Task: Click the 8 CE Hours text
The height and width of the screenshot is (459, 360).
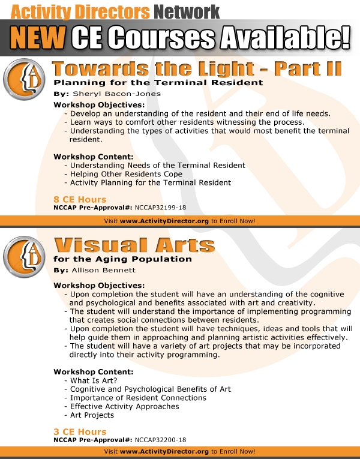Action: point(80,199)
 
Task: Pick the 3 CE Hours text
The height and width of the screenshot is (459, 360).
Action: point(80,432)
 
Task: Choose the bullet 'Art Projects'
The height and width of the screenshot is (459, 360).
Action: point(92,415)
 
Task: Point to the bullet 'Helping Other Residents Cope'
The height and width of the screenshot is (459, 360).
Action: point(126,174)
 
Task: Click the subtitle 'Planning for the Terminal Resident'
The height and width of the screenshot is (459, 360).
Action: point(158,82)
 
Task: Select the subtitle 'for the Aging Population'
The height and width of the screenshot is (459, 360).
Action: point(122,259)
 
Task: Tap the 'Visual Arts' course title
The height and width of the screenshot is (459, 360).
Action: point(134,245)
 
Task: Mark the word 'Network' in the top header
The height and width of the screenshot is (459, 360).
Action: point(185,10)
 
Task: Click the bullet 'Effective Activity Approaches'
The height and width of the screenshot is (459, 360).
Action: point(124,407)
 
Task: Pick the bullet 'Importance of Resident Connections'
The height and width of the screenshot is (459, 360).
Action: point(138,398)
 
